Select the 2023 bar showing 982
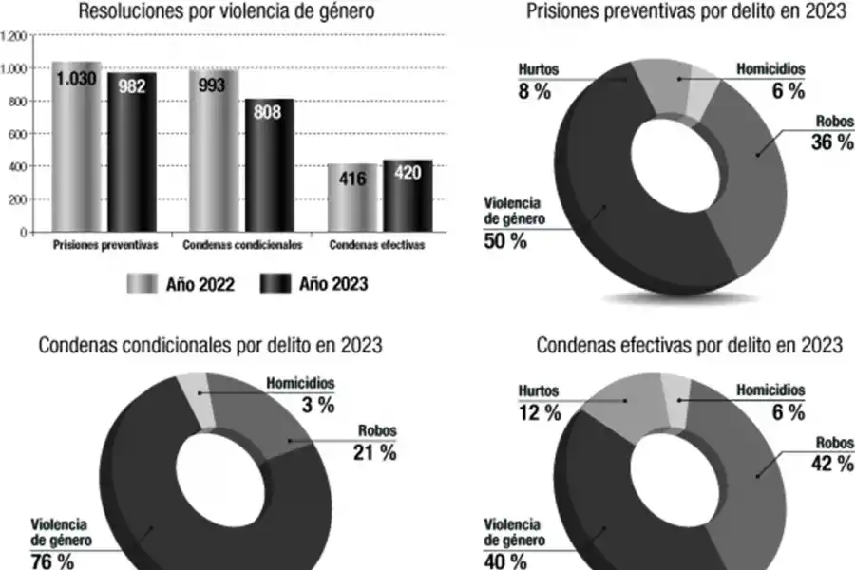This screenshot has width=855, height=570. (x=131, y=152)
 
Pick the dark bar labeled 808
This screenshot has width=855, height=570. (x=269, y=166)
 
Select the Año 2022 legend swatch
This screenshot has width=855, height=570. (x=142, y=283)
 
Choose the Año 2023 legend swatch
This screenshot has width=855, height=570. (x=275, y=283)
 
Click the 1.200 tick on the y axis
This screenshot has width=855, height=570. (x=14, y=37)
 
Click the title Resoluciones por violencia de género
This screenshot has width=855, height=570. (x=226, y=12)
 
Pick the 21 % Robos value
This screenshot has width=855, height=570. (x=375, y=453)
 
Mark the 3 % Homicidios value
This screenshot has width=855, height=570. (x=313, y=405)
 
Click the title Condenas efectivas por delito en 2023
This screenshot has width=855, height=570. (x=689, y=345)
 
